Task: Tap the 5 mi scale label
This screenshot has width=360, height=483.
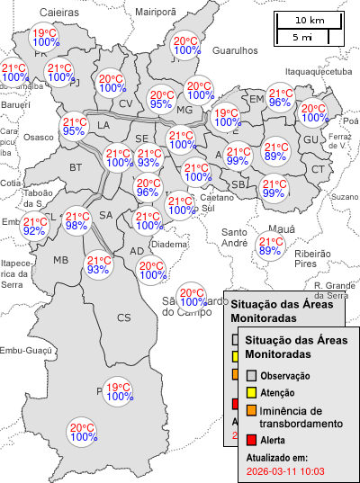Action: [302, 37]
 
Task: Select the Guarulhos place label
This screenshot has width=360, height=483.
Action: [236, 52]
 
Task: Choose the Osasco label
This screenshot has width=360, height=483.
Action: [39, 138]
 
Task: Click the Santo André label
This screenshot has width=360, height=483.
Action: [235, 237]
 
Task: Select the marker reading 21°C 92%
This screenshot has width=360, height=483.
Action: [35, 227]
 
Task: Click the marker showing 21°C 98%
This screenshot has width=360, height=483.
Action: [77, 221]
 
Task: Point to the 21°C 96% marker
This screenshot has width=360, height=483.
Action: [281, 98]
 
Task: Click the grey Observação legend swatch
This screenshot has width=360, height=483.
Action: [252, 375]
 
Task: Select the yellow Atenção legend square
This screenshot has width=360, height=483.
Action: [252, 393]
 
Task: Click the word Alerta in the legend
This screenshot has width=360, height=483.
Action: [273, 440]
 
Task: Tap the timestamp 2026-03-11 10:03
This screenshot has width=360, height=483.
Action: [284, 470]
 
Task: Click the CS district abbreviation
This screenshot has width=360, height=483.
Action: [123, 317]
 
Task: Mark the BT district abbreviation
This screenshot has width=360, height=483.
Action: [76, 167]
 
